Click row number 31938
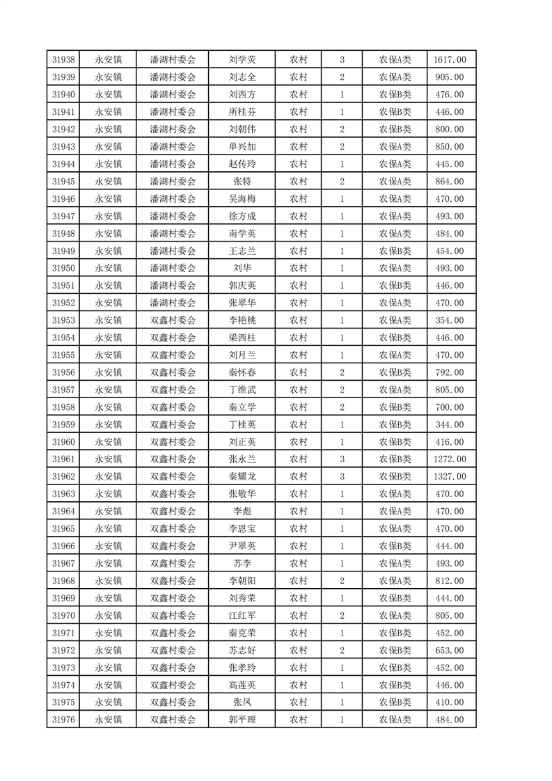tap(63, 60)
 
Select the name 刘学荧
tap(242, 60)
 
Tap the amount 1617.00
tap(450, 60)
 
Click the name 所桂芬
tap(242, 112)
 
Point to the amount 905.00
tap(450, 77)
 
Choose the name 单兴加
tap(242, 147)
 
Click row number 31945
tap(63, 182)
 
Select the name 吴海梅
tap(242, 199)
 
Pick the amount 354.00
tap(450, 320)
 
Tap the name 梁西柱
tap(242, 338)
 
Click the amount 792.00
tap(450, 372)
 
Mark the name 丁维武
tap(242, 390)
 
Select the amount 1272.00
tap(450, 459)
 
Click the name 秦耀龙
tap(242, 477)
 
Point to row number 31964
tap(63, 512)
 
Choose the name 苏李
tap(242, 563)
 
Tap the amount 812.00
tap(450, 581)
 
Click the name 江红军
tap(242, 615)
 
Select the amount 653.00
tap(450, 650)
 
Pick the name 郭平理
tap(242, 720)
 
